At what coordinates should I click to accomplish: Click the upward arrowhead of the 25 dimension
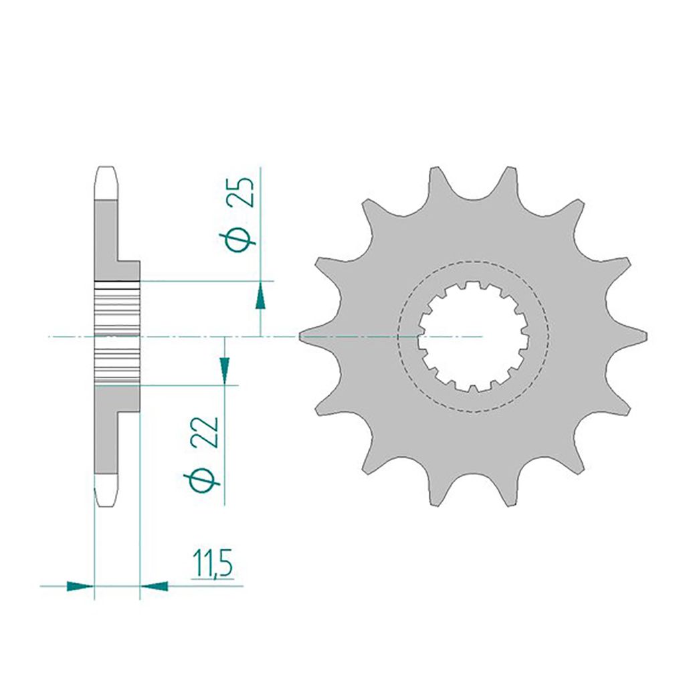tap(261, 295)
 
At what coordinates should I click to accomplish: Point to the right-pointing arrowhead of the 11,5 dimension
tap(81, 587)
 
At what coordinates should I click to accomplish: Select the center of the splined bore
tap(474, 336)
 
